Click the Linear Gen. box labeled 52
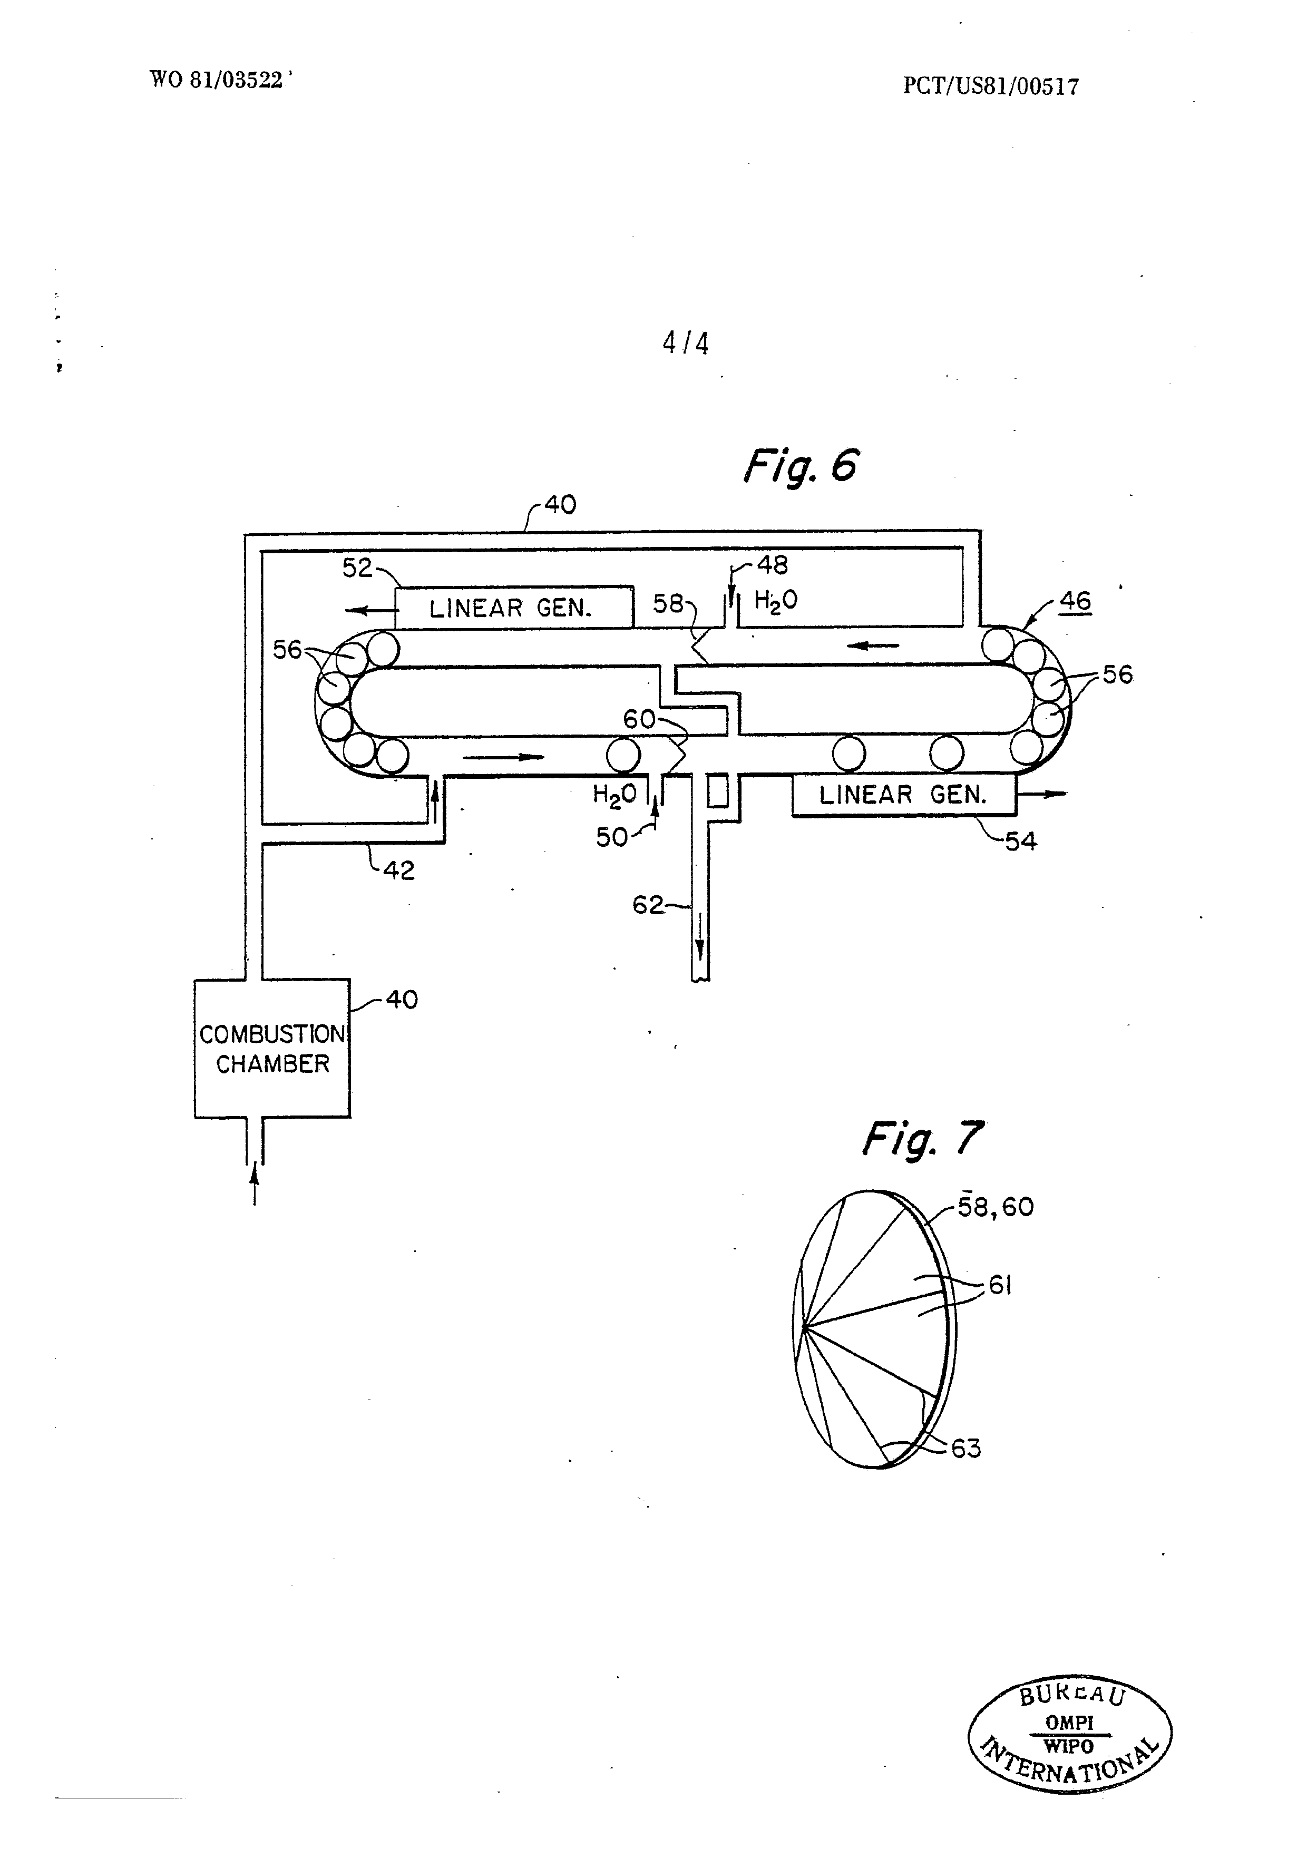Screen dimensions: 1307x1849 click(514, 607)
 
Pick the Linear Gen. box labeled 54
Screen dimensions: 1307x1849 click(903, 795)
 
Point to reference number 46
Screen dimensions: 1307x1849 click(1075, 601)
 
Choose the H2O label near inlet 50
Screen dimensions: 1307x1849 click(615, 795)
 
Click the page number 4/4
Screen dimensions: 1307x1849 click(685, 344)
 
